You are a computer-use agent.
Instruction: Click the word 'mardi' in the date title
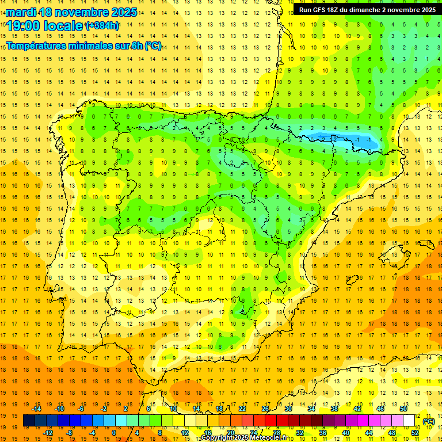pyautogui.click(x=20, y=12)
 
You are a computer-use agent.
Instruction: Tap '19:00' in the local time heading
pyautogui.click(x=24, y=26)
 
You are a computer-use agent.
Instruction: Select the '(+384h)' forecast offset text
pyautogui.click(x=102, y=26)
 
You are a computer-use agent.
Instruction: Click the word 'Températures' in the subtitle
pyautogui.click(x=37, y=46)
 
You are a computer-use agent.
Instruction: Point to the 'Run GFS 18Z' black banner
pyautogui.click(x=367, y=10)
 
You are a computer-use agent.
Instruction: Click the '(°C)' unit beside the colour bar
pyautogui.click(x=428, y=421)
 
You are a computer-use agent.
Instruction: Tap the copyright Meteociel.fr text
pyautogui.click(x=244, y=438)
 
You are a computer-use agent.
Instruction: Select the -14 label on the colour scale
pyautogui.click(x=37, y=409)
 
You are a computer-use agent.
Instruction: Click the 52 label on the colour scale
pyautogui.click(x=414, y=433)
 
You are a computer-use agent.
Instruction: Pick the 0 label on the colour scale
pyautogui.click(x=115, y=433)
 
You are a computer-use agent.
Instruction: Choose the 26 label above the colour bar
pyautogui.click(x=265, y=409)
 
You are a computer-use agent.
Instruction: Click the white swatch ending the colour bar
pyautogui.click(x=409, y=421)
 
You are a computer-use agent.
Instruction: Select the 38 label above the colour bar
pyautogui.click(x=334, y=409)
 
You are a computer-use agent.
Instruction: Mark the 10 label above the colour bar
pyautogui.click(x=173, y=409)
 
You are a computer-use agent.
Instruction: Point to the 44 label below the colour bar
pyautogui.click(x=368, y=433)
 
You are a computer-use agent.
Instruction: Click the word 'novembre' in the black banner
pyautogui.click(x=399, y=10)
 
